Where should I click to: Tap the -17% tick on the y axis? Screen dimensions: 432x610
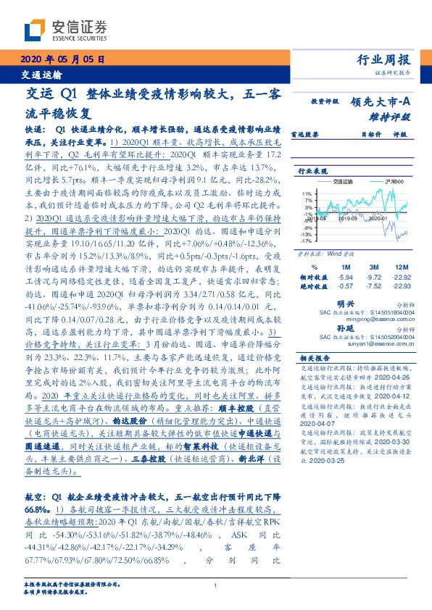click(307, 241)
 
